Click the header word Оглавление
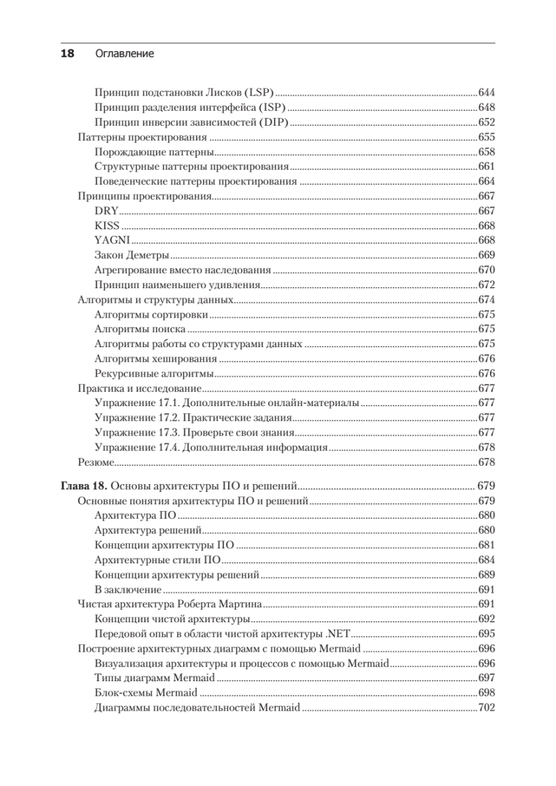124,54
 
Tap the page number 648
486,107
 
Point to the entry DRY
104,210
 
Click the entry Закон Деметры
132,255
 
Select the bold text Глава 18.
86,486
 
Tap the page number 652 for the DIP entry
486,122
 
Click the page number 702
486,707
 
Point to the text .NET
339,633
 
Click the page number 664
486,181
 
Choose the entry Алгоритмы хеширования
155,358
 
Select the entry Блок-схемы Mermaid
145,692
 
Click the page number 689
486,574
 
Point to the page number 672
486,284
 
